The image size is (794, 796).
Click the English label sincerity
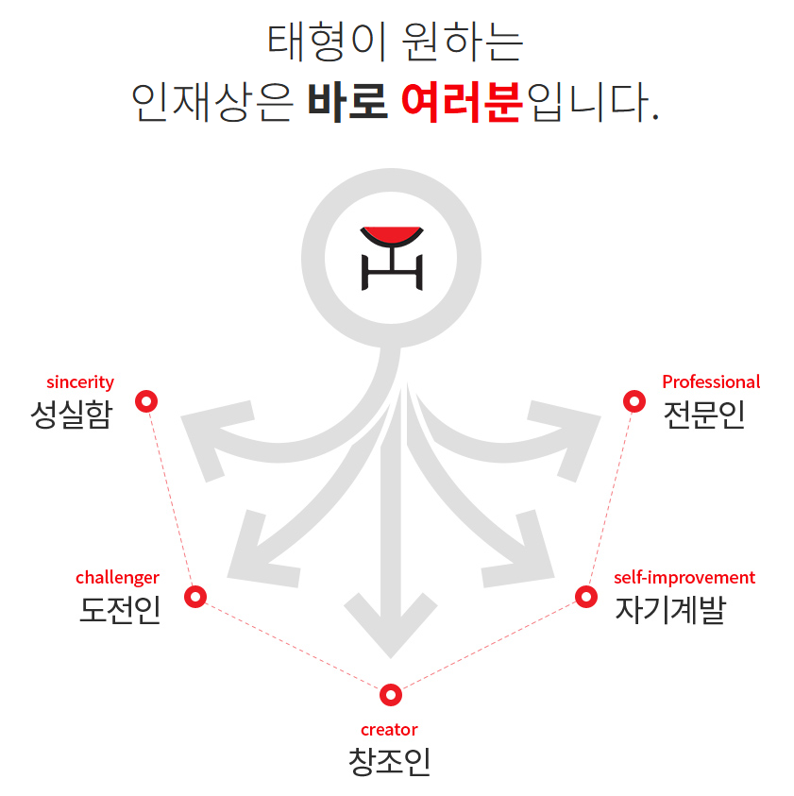tap(80, 382)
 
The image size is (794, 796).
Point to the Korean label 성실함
tap(71, 414)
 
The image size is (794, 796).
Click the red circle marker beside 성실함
tap(146, 401)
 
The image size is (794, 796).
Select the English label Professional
tap(710, 382)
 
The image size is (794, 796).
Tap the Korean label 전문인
tap(703, 414)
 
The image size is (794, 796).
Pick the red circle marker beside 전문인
tap(634, 401)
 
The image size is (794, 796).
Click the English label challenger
tap(117, 577)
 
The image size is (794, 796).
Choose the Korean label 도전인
tap(120, 610)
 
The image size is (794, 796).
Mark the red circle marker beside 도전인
tap(195, 597)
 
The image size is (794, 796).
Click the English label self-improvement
tap(684, 577)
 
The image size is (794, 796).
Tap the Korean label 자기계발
tap(669, 610)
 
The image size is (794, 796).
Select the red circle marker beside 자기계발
tap(586, 597)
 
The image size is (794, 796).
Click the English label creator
tap(389, 729)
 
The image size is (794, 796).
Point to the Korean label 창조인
tap(389, 761)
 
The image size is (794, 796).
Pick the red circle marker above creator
tap(390, 695)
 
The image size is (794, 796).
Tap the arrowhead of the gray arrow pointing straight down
tap(390, 623)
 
